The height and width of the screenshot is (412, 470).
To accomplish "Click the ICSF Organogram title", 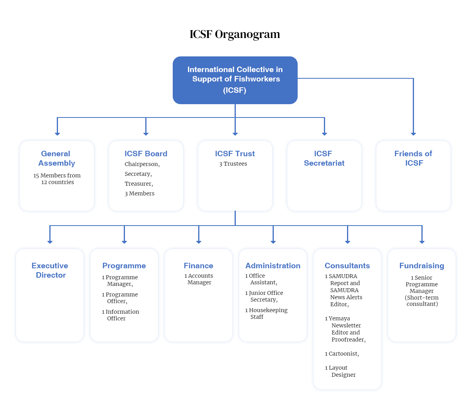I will coord(235,34).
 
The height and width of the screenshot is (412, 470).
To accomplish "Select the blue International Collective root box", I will coord(235,80).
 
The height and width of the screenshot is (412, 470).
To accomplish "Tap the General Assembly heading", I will coord(56,158).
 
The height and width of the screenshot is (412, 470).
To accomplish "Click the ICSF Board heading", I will coord(146,154).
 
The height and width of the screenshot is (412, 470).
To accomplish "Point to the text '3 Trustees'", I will coord(233,164).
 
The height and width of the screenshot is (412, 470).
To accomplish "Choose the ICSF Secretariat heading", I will coord(324,158).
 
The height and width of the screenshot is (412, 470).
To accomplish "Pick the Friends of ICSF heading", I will coord(413,158).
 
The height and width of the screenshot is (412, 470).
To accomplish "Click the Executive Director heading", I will coord(50,270).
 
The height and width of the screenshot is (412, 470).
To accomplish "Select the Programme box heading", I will coord(124,266).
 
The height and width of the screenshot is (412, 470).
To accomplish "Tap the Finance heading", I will coord(199,266).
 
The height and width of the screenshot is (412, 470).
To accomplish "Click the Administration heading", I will coord(273,266).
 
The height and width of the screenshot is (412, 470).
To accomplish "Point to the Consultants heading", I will coord(347,266).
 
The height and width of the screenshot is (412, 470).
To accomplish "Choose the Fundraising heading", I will coord(421,266).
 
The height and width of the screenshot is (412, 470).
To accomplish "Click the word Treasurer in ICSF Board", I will coord(139,184).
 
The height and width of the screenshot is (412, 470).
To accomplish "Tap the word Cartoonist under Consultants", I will coord(343,354).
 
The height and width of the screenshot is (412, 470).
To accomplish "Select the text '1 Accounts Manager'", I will coord(199,279).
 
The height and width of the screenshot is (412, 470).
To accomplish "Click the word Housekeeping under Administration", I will coord(268,310).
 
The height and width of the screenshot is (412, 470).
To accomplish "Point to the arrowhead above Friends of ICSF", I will coord(413,134).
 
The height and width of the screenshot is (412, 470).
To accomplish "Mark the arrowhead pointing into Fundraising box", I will coord(422,242).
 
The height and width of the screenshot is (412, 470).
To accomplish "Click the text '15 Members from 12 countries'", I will coord(57,179).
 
